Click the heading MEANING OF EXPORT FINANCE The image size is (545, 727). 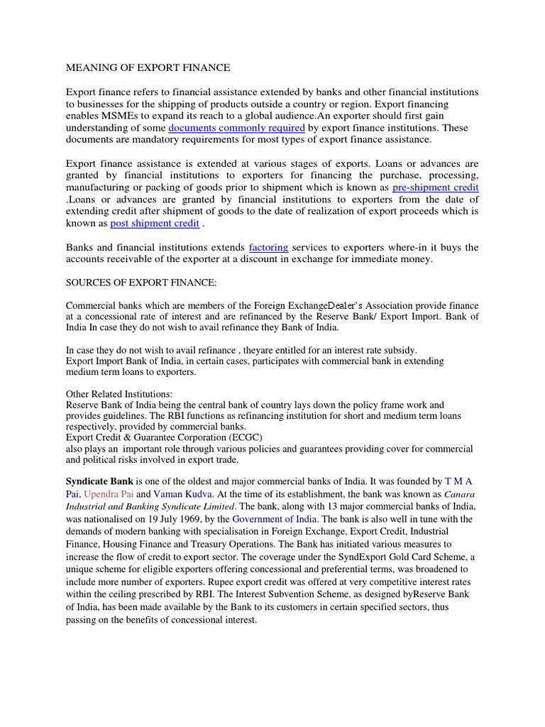148,68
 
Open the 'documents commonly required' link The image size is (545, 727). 236,128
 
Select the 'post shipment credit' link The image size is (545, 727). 155,224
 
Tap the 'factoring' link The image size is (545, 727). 268,248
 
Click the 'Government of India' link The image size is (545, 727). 275,518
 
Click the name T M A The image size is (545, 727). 458,481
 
